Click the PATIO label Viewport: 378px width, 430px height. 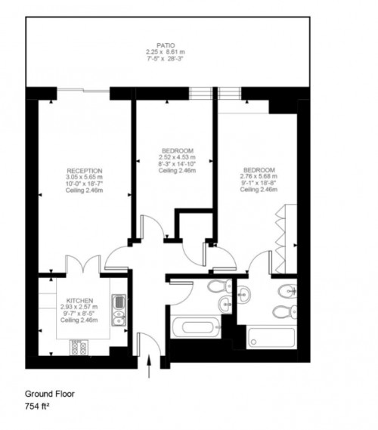pos(166,45)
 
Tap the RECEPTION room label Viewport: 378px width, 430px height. pos(85,171)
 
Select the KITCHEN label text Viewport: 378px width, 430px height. pos(79,301)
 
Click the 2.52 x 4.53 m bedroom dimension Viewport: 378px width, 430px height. pos(177,157)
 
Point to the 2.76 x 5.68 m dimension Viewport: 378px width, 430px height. pos(259,176)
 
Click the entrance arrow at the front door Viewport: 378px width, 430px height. pos(149,367)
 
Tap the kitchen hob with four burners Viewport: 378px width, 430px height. pos(79,348)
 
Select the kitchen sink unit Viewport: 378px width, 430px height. pos(119,311)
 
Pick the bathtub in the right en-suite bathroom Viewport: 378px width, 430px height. pos(271,337)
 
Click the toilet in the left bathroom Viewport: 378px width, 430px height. pos(220,286)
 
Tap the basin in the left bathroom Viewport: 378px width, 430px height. pos(225,304)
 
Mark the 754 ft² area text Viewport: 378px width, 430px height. pos(37,406)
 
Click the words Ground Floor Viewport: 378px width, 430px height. pos(50,394)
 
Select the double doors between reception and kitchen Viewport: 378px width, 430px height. pos(83,264)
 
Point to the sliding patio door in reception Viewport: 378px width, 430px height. pos(83,90)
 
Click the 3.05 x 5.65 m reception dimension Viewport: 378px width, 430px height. pos(84,177)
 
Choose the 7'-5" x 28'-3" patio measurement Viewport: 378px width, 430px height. pos(166,58)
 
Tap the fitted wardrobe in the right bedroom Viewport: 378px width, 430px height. pos(286,239)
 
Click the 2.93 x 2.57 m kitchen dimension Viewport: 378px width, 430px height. pos(79,307)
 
